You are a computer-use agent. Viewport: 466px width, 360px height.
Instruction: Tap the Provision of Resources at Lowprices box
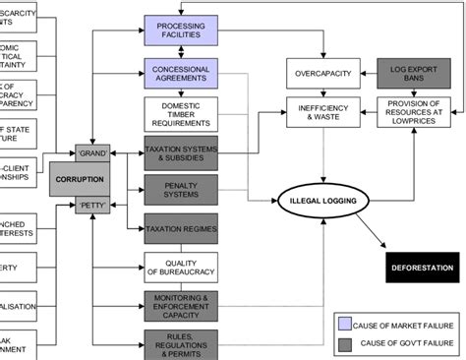pyautogui.click(x=413, y=111)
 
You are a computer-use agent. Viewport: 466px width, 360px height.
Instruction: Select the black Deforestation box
pyautogui.click(x=422, y=267)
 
